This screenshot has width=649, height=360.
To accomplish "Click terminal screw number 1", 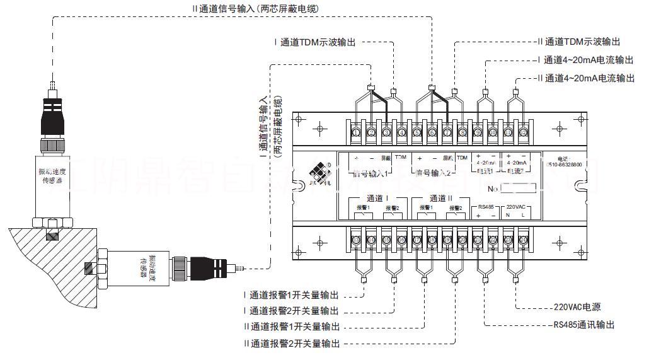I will [x=356, y=132].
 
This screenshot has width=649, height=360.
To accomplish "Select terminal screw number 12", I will [x=522, y=132].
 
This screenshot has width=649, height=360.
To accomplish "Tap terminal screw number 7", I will [x=447, y=132].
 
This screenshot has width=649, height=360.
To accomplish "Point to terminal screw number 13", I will [x=356, y=240].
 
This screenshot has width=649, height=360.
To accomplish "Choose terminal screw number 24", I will [x=522, y=240].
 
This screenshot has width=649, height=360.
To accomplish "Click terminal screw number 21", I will [x=477, y=240].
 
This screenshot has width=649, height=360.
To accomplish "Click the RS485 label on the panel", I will [x=485, y=206].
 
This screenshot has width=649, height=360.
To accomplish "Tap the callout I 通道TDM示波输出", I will [x=314, y=42].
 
